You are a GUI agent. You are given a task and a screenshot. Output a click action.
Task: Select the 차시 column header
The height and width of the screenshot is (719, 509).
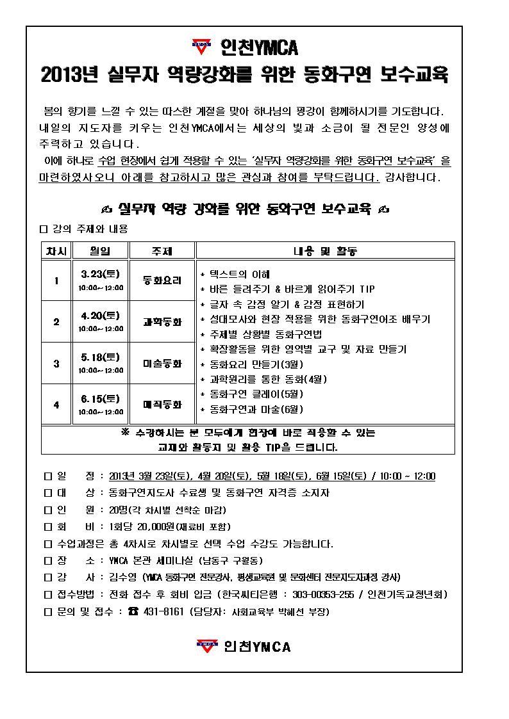[x=56, y=251]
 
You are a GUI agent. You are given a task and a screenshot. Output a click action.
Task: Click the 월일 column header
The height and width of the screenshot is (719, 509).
[x=101, y=251]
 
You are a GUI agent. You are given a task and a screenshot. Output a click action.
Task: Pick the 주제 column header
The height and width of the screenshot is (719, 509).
[x=162, y=251]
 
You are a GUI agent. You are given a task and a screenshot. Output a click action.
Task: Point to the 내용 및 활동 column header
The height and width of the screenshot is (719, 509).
[x=325, y=251]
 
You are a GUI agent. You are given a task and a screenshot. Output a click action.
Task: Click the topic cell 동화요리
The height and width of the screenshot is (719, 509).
[x=162, y=280]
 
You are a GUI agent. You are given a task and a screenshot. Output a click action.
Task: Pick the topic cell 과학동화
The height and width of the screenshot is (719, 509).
[x=162, y=321]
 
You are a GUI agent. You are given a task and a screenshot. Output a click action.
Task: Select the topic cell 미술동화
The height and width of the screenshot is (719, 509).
[x=162, y=363]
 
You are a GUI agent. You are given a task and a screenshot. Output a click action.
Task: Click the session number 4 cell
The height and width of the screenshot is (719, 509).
[x=56, y=405]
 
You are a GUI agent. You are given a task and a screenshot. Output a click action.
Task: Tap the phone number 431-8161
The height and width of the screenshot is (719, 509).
[x=163, y=611]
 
